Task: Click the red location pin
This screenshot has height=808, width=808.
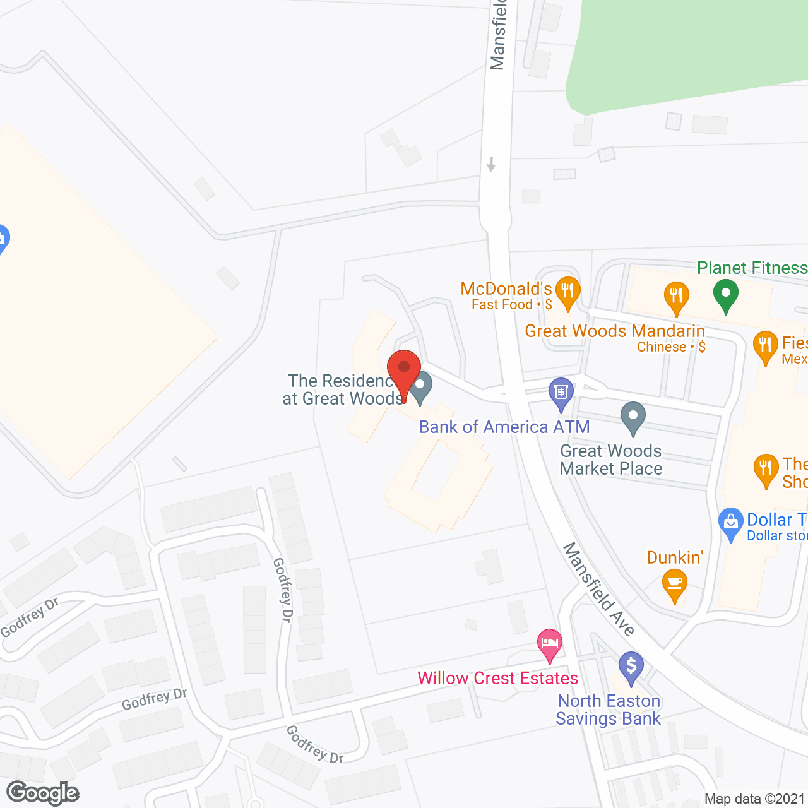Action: [404, 372]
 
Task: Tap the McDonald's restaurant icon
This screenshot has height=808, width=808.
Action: [567, 292]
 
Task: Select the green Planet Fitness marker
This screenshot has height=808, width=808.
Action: [726, 294]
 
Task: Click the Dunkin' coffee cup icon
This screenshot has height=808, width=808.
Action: [674, 584]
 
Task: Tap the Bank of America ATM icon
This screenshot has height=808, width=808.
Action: [561, 393]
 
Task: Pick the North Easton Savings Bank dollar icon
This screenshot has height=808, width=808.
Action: [631, 666]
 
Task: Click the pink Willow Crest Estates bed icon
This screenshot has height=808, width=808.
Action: [550, 645]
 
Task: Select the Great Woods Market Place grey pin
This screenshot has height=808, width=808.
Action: [633, 417]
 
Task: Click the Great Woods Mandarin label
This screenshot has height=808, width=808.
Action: [615, 331]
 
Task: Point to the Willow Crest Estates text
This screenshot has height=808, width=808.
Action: [498, 679]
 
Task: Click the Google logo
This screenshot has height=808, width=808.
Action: [43, 793]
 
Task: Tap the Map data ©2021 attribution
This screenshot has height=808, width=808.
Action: [755, 799]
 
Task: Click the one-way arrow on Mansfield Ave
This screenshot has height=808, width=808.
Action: [491, 164]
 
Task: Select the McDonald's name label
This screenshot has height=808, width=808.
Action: [506, 289]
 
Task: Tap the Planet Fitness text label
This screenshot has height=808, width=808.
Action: [752, 268]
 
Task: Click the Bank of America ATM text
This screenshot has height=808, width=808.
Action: [504, 427]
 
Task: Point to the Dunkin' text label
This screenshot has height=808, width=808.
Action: [675, 558]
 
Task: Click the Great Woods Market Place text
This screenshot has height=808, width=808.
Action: [611, 460]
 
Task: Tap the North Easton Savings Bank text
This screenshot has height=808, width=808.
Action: [609, 710]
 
